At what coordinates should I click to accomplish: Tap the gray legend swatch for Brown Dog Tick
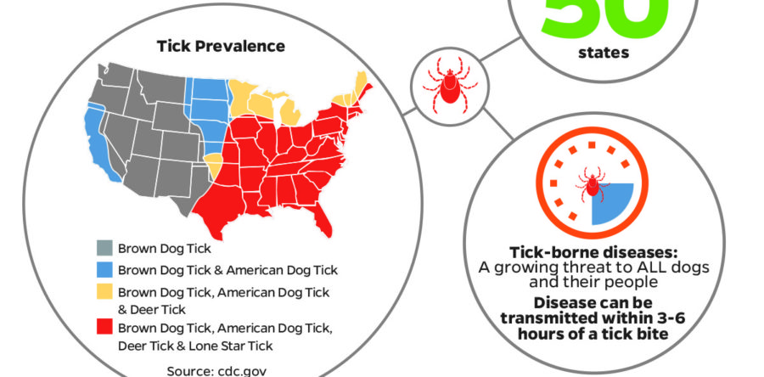point(103,249)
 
